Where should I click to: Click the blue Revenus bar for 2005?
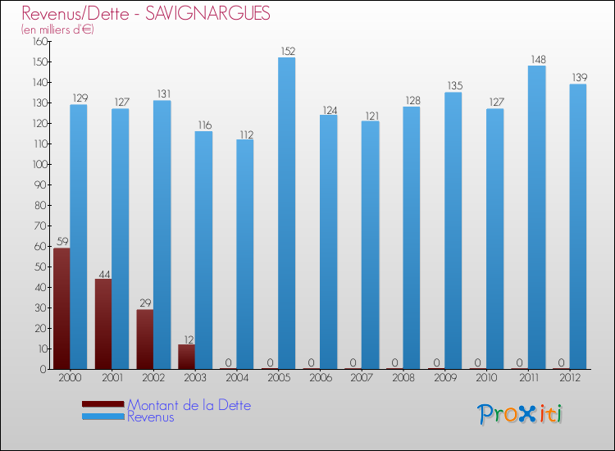286,213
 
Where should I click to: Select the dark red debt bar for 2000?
61,308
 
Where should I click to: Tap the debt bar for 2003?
186,357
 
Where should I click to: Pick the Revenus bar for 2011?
536,217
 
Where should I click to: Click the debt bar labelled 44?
103,324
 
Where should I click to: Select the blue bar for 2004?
245,254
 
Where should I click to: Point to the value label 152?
287,52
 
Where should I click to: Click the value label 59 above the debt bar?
61,242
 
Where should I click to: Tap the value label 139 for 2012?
578,78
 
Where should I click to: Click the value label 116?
203,125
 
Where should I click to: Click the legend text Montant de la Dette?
189,405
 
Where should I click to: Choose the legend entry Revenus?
150,417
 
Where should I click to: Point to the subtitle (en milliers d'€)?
58,30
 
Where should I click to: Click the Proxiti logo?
520,414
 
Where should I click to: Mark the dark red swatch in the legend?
103,404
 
